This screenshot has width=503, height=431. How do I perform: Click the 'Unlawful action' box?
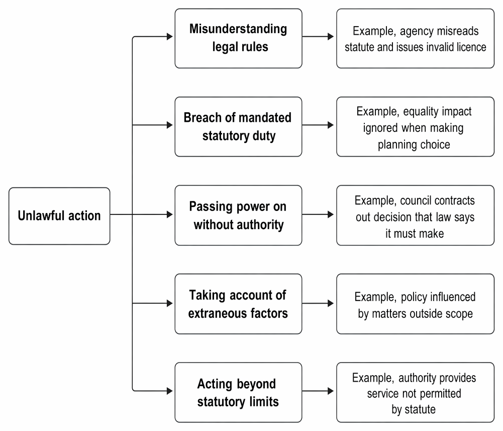pyautogui.click(x=59, y=216)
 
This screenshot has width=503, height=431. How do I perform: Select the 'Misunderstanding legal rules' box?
pyautogui.click(x=238, y=38)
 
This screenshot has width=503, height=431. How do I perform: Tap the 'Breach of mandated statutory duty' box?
pyautogui.click(x=238, y=127)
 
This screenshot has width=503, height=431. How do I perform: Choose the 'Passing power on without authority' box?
pyautogui.click(x=238, y=215)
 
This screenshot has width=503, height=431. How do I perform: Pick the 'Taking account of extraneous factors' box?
pyautogui.click(x=238, y=304)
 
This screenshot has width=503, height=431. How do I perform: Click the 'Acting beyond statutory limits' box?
pyautogui.click(x=238, y=392)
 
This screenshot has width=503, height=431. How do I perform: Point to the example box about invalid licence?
pyautogui.click(x=416, y=38)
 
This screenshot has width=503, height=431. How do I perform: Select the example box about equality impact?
pyautogui.click(x=416, y=127)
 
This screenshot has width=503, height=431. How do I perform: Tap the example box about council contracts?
pyautogui.click(x=416, y=215)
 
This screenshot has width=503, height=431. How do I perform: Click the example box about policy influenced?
pyautogui.click(x=416, y=304)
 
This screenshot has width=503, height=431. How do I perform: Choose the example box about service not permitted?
pyautogui.click(x=416, y=392)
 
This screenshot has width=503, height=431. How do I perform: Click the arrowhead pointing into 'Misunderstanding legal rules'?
pyautogui.click(x=170, y=37)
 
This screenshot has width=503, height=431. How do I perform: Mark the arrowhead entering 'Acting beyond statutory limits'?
pyautogui.click(x=170, y=391)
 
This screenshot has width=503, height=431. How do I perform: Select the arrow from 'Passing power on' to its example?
pyautogui.click(x=318, y=214)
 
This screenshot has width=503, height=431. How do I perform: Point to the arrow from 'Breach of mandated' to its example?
pyautogui.click(x=318, y=125)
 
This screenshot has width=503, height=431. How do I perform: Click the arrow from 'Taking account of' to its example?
pyautogui.click(x=318, y=303)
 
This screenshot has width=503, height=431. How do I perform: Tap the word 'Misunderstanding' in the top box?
pyautogui.click(x=238, y=29)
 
